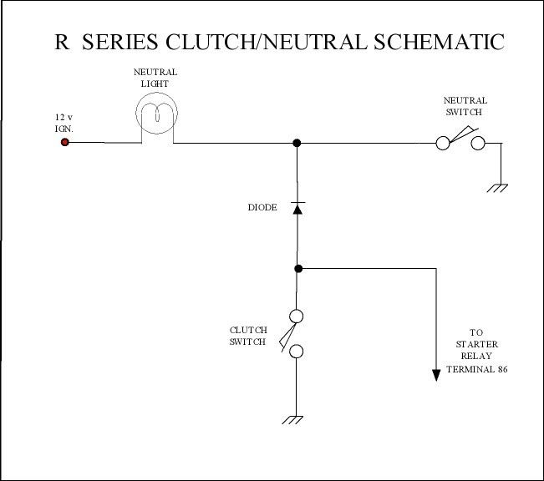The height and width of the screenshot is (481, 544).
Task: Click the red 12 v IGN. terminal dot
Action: tap(64, 142)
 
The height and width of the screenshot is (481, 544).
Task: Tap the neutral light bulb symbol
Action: tap(156, 113)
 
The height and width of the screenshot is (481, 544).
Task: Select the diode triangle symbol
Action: tap(297, 208)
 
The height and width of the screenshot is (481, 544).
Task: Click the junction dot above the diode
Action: tap(297, 143)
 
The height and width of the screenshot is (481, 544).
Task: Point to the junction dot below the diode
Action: tap(298, 268)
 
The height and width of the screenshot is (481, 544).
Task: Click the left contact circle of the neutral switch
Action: tap(443, 143)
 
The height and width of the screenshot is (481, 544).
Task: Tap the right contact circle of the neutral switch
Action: tap(478, 143)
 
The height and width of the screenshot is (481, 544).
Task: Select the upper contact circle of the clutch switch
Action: tap(296, 316)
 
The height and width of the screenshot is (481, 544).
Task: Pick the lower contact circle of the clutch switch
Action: tap(296, 352)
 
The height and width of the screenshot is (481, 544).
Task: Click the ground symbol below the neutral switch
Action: tap(497, 188)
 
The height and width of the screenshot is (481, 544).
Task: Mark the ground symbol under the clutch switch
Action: tap(292, 419)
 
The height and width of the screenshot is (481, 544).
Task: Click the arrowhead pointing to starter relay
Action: tap(436, 376)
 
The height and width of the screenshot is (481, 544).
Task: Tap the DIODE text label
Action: tap(262, 207)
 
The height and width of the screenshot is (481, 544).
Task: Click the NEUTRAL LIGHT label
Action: tap(155, 78)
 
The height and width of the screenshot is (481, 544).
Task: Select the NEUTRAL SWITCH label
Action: tap(465, 106)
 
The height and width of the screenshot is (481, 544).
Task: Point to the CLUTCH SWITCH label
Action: tap(248, 336)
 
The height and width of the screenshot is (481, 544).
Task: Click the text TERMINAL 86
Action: tap(476, 369)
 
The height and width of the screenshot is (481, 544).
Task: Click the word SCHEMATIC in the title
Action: tap(439, 42)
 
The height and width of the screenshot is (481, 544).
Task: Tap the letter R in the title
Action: tap(62, 42)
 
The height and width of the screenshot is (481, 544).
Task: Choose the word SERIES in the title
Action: tap(120, 42)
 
